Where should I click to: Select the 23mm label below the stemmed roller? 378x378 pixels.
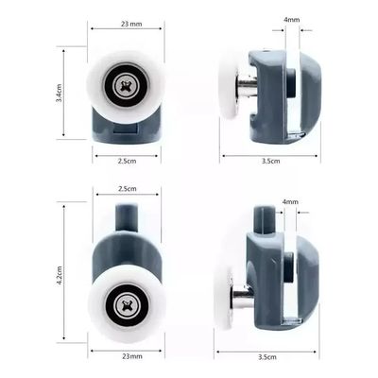pyautogui.click(x=132, y=356)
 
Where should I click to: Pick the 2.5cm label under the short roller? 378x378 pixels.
pyautogui.click(x=127, y=161)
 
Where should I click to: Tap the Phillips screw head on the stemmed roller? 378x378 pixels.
pyautogui.click(x=127, y=304)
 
